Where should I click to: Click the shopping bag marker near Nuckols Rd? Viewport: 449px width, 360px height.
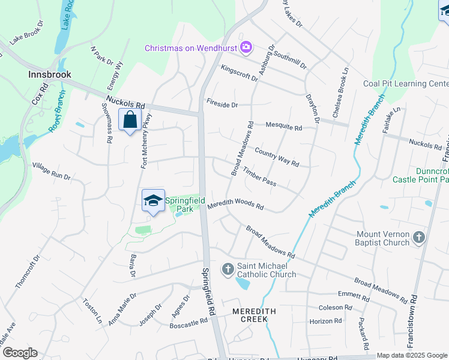[130, 120]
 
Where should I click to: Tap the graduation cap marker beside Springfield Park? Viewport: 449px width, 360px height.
[153, 201]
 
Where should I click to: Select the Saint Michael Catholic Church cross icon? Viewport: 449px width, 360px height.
[228, 269]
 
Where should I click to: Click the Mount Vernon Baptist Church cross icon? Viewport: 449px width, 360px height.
[419, 238]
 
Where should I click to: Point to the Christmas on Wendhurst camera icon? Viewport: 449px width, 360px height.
[246, 47]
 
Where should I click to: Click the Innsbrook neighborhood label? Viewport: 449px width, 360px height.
[50, 74]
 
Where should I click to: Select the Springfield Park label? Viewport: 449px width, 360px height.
[185, 204]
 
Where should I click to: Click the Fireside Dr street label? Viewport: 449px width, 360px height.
[222, 104]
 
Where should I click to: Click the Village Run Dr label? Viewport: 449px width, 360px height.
[52, 170]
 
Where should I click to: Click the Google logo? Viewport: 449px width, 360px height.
[20, 353]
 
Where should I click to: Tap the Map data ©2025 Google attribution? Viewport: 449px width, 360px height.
[412, 355]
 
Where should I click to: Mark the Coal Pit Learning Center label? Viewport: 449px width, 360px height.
[406, 84]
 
